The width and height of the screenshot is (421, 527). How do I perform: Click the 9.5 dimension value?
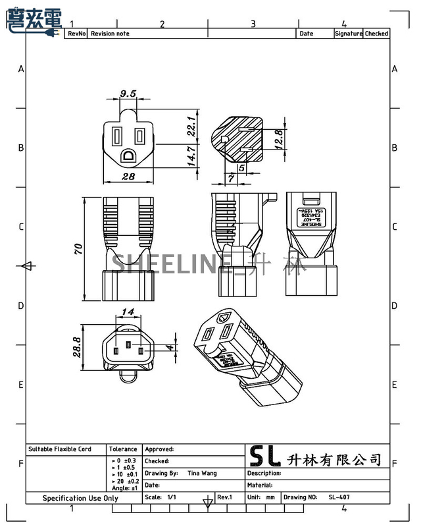coord(128,94)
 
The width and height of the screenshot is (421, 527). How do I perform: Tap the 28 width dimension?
coord(128,176)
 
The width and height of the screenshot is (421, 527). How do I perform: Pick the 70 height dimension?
coord(78,249)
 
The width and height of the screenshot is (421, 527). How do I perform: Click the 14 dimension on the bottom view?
coord(128,312)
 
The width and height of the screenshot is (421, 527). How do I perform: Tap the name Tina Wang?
coord(202,473)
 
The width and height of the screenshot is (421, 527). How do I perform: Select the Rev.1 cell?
coord(225,497)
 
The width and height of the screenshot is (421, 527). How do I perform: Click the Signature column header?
coord(348,34)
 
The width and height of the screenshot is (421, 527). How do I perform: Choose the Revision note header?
coord(110,34)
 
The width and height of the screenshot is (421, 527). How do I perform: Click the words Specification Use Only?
coord(80,498)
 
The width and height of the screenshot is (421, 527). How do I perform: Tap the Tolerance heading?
coord(123,449)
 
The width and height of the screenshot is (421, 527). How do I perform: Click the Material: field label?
coord(260,485)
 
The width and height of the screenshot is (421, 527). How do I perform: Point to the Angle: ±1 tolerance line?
coord(124,488)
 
